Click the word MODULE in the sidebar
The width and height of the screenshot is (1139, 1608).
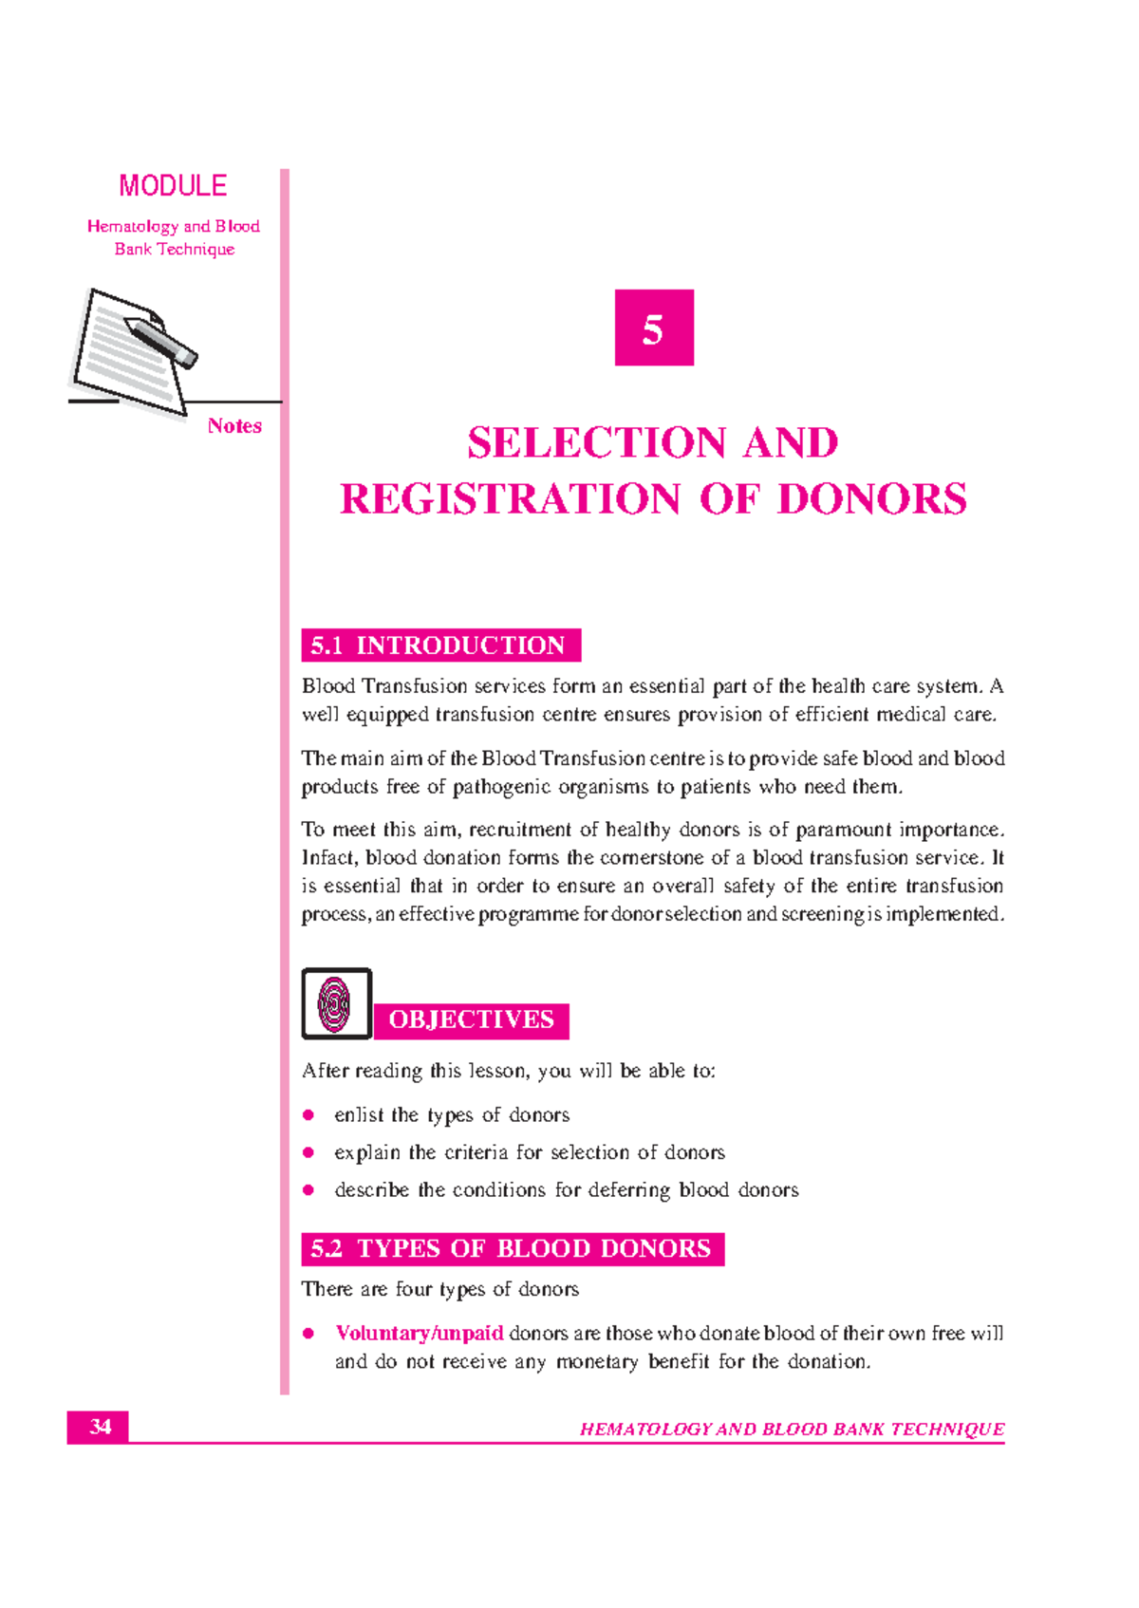(x=173, y=186)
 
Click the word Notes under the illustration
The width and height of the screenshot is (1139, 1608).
(x=234, y=426)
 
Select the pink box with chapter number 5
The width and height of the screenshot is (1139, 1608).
(x=653, y=327)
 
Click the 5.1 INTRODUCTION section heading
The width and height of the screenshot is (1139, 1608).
(x=440, y=645)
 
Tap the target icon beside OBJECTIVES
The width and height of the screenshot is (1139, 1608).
(x=336, y=1003)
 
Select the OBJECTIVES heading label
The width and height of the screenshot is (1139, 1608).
(x=471, y=1020)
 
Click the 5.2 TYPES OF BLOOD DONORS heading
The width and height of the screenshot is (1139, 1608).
(x=512, y=1249)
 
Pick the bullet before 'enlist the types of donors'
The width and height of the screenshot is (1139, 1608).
(x=308, y=1115)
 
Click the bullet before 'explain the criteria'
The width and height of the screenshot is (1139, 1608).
(x=308, y=1152)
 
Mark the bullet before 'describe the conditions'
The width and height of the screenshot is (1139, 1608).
(x=308, y=1190)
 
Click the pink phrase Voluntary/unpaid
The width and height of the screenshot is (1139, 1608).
(x=420, y=1334)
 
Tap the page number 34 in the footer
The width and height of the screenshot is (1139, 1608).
(x=100, y=1427)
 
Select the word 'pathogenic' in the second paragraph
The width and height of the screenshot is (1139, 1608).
(x=501, y=787)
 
